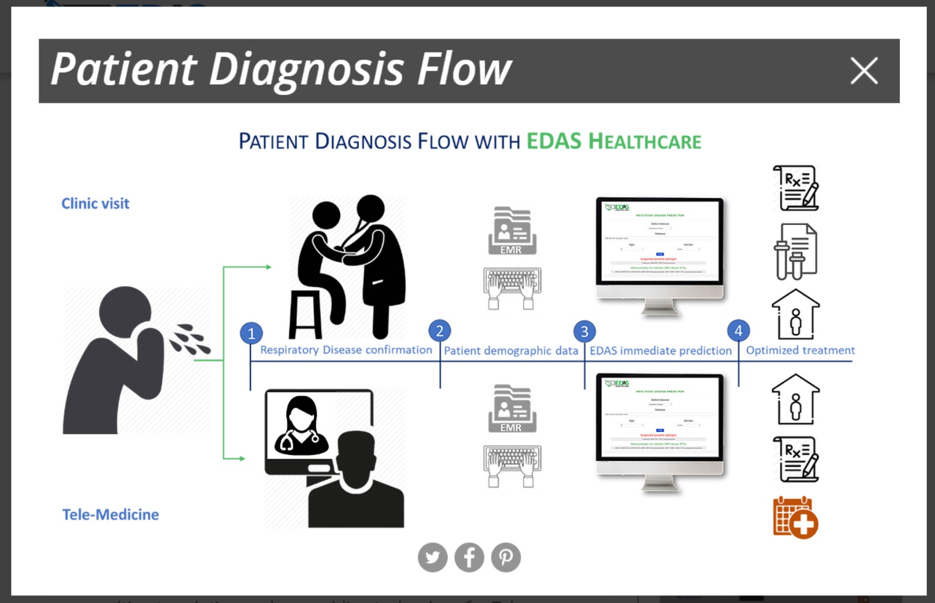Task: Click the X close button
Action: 864,71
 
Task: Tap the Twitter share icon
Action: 432,557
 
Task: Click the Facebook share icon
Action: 469,557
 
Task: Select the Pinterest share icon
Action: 506,557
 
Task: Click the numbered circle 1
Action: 251,333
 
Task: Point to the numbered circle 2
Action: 439,331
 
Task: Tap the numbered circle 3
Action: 584,331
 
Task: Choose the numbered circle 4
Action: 738,331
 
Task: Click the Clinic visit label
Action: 95,203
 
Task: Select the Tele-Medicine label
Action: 110,514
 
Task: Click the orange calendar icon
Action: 795,518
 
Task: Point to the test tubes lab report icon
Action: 795,251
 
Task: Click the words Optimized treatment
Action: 800,350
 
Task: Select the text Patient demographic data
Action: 511,351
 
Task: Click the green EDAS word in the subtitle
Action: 554,141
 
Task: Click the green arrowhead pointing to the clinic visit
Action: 268,267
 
